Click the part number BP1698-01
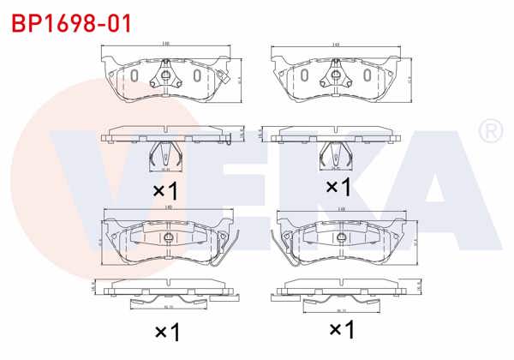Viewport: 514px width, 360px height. point(72,23)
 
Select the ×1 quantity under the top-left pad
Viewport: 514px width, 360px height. point(164,189)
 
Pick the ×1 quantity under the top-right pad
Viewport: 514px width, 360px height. point(338,186)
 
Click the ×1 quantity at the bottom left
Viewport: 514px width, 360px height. point(165,331)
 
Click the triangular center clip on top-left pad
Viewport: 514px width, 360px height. point(165,80)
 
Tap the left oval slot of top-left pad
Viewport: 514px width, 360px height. point(134,76)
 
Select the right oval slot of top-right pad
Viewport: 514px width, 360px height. point(367,76)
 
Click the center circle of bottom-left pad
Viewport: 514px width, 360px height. point(168,237)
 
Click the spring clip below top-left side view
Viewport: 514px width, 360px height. point(164,155)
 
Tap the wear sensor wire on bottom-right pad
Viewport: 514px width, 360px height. point(281,249)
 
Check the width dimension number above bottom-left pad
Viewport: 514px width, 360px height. point(169,208)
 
